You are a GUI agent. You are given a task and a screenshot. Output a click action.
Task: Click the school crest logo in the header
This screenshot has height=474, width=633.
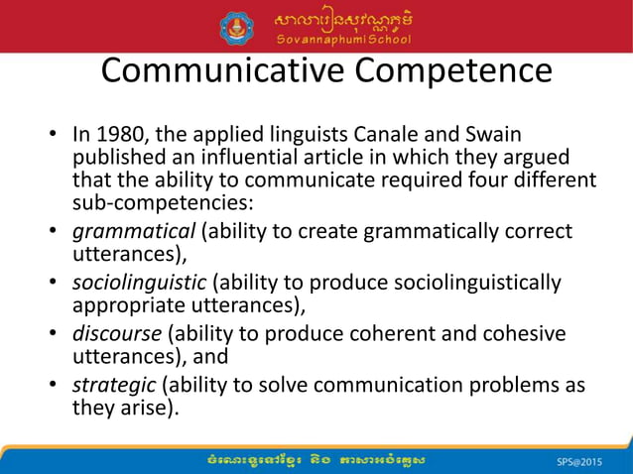point(236,26)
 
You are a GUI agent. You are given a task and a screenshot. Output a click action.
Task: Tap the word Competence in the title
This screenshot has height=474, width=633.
point(450,70)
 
